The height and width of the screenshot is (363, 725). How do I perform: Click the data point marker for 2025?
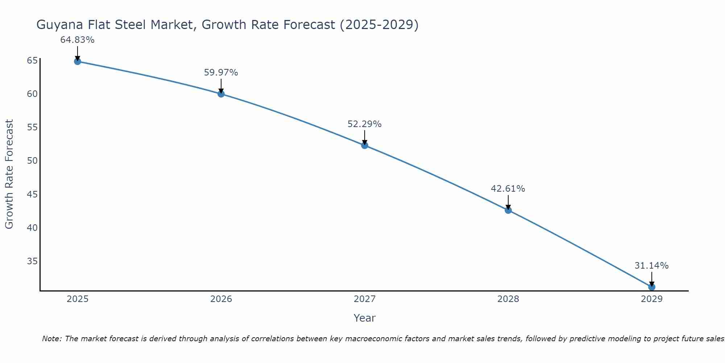(x=78, y=61)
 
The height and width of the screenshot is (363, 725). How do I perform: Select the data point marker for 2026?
(x=221, y=94)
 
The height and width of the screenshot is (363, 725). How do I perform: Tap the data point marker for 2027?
(x=365, y=146)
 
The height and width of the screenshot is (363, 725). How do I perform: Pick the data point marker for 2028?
(x=508, y=210)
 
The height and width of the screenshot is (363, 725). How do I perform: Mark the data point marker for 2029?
(x=652, y=287)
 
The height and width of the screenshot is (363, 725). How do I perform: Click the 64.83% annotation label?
(x=77, y=40)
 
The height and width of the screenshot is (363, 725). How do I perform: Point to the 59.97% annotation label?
(x=221, y=73)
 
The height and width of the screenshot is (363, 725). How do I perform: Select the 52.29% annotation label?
(x=364, y=124)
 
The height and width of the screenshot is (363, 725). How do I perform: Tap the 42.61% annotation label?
(x=508, y=189)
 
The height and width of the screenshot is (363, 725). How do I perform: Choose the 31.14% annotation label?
(x=651, y=266)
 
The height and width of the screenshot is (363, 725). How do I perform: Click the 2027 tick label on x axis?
(x=365, y=299)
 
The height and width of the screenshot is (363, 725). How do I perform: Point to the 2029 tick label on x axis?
(x=652, y=299)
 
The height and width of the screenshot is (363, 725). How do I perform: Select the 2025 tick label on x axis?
(x=78, y=299)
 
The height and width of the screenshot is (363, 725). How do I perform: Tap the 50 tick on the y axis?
(x=32, y=161)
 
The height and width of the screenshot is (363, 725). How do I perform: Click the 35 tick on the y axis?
(x=32, y=261)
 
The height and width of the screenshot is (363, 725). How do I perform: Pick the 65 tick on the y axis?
(x=32, y=60)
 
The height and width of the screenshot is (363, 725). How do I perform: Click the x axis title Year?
(x=364, y=318)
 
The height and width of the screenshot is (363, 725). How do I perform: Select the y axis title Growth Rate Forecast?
(x=9, y=174)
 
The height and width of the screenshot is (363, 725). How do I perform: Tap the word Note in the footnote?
(x=51, y=339)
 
